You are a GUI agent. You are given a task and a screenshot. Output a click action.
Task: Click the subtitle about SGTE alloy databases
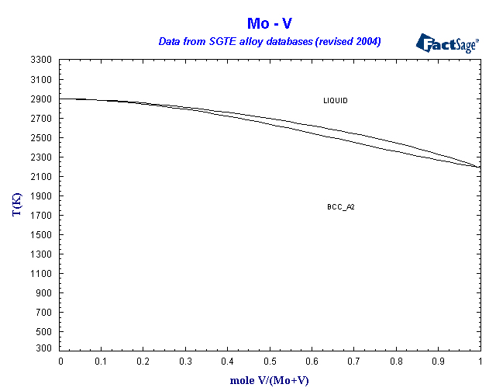click(x=269, y=40)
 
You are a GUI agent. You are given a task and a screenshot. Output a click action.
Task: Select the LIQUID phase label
click(x=336, y=101)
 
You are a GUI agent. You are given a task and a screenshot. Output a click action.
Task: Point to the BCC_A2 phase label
click(x=341, y=207)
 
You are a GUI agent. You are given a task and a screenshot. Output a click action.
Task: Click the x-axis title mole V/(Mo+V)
click(x=269, y=381)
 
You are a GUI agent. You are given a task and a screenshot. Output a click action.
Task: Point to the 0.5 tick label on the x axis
click(x=270, y=362)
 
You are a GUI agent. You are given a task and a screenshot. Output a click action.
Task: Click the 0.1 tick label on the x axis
click(x=102, y=362)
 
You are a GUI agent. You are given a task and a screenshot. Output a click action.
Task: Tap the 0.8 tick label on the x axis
click(x=396, y=362)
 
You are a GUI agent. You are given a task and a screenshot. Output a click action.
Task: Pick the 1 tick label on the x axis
click(x=480, y=362)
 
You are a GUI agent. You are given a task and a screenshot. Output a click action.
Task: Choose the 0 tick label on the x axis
click(x=60, y=362)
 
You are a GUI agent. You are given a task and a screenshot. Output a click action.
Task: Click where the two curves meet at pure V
click(x=479, y=167)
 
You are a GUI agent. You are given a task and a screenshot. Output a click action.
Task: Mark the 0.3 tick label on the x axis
click(x=186, y=362)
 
